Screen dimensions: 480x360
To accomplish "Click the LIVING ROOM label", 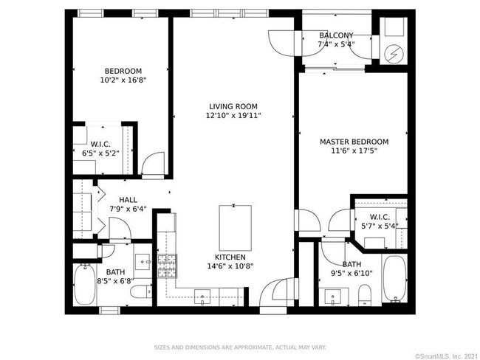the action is click(233, 106).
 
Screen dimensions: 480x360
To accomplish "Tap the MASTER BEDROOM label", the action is click(354, 142).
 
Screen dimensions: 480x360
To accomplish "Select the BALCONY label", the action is click(336, 35).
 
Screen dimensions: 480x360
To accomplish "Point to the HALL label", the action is click(128, 200).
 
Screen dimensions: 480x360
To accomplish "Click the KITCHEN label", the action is click(230, 257).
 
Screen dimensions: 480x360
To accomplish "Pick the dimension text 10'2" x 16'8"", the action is click(123, 80).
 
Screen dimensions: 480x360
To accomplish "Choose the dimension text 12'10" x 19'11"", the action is click(233, 116).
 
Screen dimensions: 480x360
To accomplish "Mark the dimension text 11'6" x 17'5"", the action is click(354, 150).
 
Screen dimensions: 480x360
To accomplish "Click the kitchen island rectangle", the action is click(236, 228).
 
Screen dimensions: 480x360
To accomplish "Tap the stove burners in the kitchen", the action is click(167, 266).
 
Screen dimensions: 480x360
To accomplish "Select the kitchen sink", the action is click(202, 297).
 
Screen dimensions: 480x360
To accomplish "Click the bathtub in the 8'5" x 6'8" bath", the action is click(84, 284).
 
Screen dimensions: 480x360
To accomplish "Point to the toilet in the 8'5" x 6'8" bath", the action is click(141, 291).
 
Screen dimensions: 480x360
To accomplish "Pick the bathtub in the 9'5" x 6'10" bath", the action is click(395, 279).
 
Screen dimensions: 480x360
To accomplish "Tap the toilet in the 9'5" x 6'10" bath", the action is click(365, 295).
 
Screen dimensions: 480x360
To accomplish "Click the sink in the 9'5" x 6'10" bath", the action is click(333, 297).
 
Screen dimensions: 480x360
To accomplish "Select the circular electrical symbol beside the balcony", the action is click(394, 55).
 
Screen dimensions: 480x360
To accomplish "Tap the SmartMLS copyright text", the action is click(446, 356).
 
